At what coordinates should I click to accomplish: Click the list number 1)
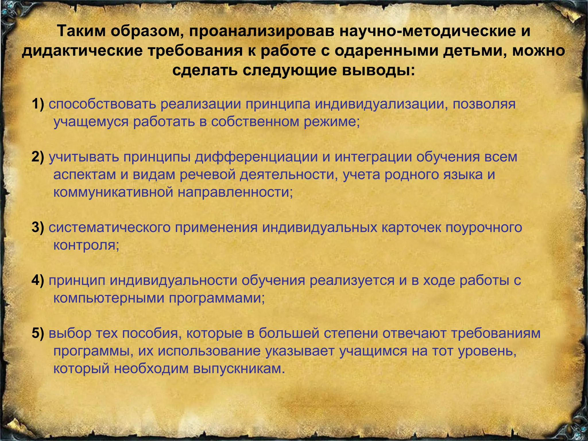(38, 104)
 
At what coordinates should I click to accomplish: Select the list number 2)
(38, 157)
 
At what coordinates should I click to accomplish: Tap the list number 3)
(38, 228)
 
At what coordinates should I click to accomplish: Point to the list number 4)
(38, 281)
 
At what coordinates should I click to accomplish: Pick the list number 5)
(38, 333)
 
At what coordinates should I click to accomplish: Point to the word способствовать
(102, 105)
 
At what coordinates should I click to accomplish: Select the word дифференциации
(256, 158)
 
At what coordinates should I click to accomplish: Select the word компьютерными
(109, 299)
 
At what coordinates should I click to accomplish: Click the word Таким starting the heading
(82, 31)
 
